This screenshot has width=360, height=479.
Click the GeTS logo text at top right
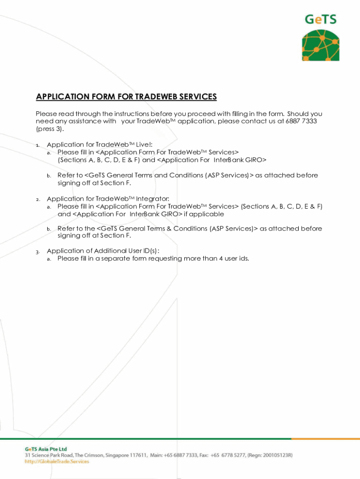321,20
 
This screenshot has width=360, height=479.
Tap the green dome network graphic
321,46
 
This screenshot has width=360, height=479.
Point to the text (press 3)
50,129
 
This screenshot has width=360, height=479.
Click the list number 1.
38,145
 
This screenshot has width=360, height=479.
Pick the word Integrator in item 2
152,199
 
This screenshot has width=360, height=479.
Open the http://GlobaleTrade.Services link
57,461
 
